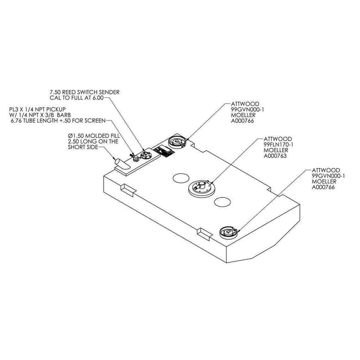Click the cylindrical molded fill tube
coord(122,164)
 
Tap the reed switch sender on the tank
coord(145,155)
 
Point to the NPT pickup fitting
coord(135,158)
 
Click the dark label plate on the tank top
coord(164,151)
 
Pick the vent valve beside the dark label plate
coord(177,142)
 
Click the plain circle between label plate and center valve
coord(181,178)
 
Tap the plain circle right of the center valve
coord(222,201)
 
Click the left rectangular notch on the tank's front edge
coord(129,189)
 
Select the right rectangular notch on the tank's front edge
coord(204,233)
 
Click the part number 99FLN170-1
coord(278,145)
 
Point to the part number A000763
coord(275,156)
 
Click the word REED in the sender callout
coord(69,92)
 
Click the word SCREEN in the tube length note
coord(95,120)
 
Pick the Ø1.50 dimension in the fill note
coord(75,136)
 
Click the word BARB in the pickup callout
coord(65,115)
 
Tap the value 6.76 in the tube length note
coord(16,120)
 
